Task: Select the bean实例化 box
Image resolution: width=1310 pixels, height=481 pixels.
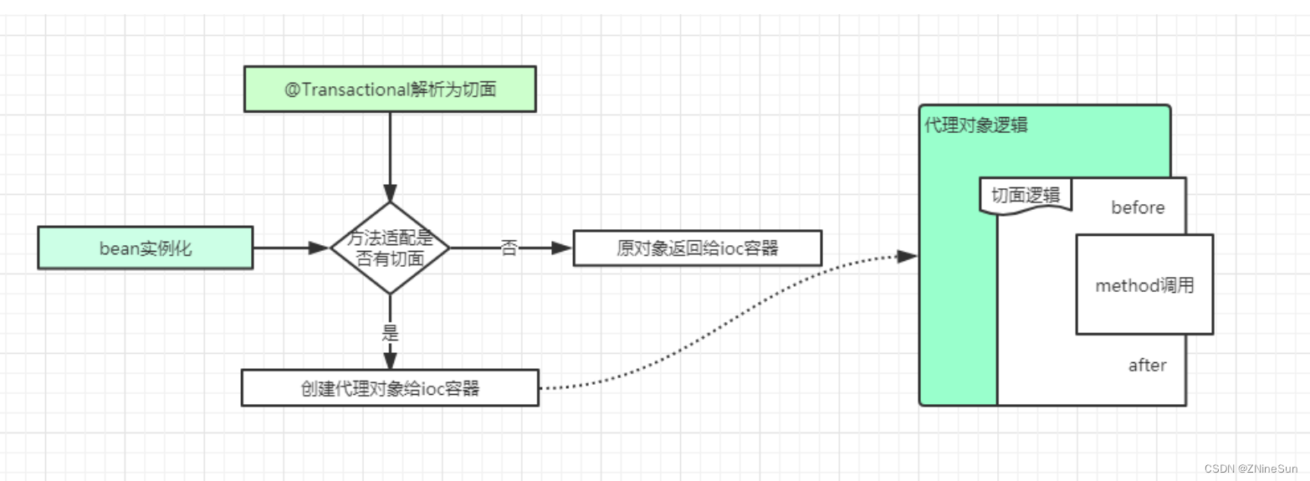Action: (145, 248)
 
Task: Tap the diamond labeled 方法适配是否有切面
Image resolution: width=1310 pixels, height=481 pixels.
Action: (390, 248)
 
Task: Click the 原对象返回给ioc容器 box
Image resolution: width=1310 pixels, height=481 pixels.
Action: (698, 248)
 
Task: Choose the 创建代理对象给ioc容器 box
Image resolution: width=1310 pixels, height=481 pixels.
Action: (390, 388)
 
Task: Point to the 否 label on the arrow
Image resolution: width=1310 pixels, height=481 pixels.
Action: (509, 248)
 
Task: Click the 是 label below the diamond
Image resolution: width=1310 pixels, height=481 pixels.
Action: (390, 333)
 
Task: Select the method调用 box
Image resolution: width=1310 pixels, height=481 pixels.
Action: (1144, 285)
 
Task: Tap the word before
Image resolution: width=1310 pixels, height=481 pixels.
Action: (1138, 207)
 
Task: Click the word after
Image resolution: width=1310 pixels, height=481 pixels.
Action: (1147, 366)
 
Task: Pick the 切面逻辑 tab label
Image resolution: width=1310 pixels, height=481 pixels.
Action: (1026, 196)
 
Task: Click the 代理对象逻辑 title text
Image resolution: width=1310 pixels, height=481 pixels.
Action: (975, 126)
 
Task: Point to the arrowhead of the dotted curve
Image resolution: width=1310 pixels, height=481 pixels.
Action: (908, 257)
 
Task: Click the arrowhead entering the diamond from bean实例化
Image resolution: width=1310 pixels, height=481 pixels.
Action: (320, 248)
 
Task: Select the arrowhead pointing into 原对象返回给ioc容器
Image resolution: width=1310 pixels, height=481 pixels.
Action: (562, 248)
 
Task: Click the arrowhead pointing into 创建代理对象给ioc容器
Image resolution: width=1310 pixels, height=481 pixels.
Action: (390, 360)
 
